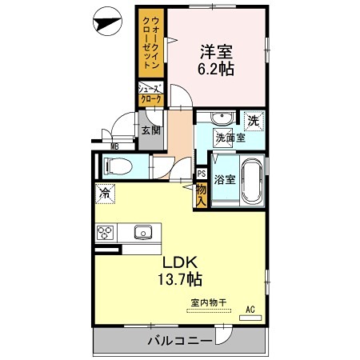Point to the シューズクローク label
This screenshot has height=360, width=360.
150,94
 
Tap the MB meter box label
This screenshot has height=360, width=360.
114,146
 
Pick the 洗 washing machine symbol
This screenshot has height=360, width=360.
253,121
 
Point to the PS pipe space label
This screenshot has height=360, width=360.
202,173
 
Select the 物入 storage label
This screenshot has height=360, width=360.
201,192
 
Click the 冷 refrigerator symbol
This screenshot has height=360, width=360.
103,193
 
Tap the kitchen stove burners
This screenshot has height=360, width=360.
106,233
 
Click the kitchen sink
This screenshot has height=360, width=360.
144,233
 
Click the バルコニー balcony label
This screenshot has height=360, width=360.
179,342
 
